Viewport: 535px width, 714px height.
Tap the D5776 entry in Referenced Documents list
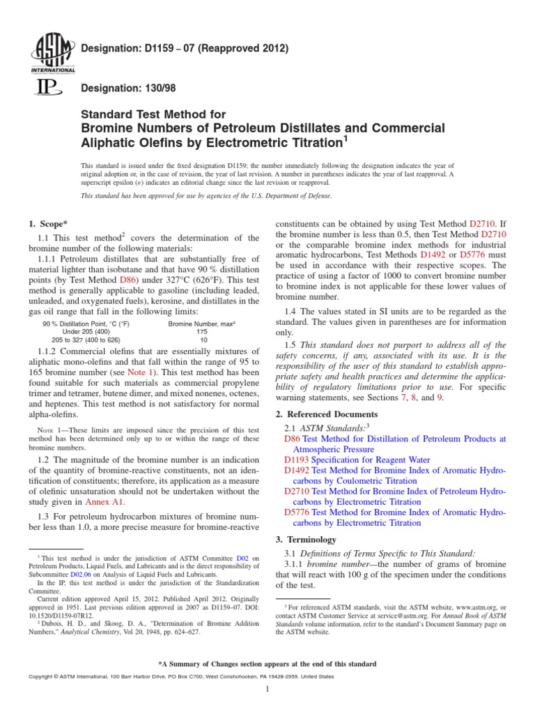[297, 512]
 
